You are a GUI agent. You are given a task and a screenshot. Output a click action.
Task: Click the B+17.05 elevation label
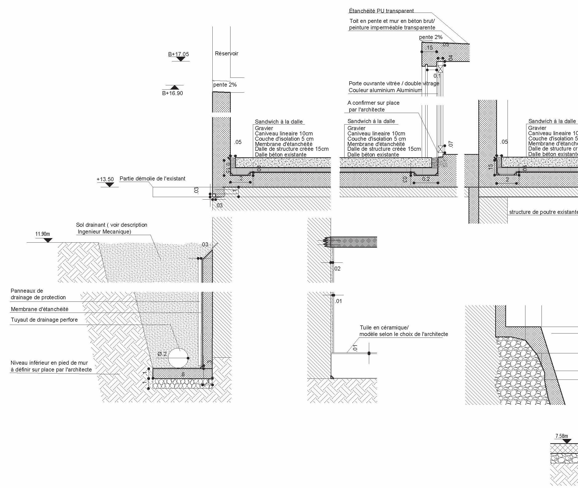coord(178,54)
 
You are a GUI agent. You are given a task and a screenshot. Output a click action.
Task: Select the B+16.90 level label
coord(172,93)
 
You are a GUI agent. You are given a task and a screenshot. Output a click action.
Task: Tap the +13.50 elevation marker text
coord(105,179)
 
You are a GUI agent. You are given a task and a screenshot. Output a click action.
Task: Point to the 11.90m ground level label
coord(43,234)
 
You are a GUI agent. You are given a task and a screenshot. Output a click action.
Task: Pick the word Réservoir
coord(226,53)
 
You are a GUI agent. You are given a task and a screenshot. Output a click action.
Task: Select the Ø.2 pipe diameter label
coord(162,354)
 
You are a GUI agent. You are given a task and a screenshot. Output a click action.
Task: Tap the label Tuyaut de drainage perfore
coord(44,320)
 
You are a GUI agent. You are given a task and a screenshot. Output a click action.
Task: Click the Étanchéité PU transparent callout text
coord(381,11)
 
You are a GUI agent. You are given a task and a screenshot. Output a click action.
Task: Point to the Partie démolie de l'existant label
coord(152,179)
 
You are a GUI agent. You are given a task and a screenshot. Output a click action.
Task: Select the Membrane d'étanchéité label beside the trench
coord(40,309)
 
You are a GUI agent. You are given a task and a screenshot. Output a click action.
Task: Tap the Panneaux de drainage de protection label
coord(38,294)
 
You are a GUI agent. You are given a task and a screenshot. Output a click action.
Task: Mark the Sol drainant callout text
coord(111,228)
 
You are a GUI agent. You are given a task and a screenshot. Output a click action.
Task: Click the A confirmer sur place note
coord(373,106)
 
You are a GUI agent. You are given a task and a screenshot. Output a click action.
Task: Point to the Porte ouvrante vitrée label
coord(394,84)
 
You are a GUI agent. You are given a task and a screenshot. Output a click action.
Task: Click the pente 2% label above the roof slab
coord(431,37)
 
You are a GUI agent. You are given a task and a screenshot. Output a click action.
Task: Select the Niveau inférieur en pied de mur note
coord(51,366)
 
